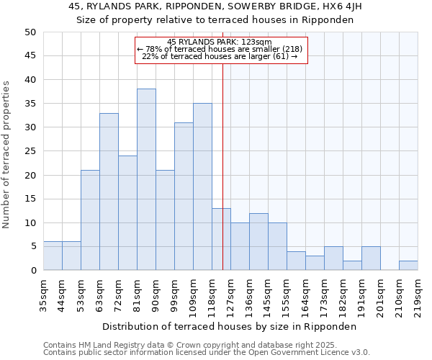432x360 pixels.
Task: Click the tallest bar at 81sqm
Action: pos(146,179)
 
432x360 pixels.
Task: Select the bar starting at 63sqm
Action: pos(109,192)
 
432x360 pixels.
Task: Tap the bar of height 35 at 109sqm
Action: pos(202,186)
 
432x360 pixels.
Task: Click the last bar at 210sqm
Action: pos(408,265)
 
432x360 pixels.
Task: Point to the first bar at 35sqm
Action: pos(53,256)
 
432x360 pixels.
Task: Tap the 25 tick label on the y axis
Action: pos(30,151)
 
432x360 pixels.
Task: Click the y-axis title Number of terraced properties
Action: pos(7,155)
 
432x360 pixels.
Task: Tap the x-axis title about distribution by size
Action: pos(230,326)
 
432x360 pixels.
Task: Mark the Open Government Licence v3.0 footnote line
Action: pos(207,353)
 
